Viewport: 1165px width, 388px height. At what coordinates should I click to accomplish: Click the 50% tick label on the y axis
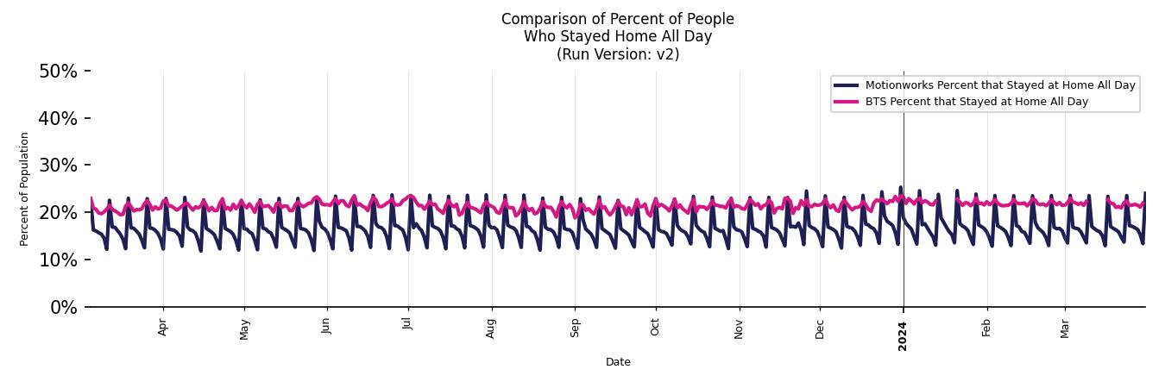58,72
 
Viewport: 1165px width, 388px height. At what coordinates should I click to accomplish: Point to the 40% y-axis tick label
58,118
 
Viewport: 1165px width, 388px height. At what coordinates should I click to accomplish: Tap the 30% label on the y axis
58,166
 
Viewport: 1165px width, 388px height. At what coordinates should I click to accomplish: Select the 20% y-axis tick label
58,213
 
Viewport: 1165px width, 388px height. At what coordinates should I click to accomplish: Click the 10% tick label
58,260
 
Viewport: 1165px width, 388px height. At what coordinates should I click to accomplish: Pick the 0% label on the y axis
63,308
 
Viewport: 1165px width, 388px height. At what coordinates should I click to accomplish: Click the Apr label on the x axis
163,328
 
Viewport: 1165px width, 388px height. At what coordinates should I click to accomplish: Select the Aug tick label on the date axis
491,329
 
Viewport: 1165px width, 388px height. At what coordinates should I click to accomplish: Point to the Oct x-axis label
656,327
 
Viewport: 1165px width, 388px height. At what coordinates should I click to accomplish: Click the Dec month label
820,328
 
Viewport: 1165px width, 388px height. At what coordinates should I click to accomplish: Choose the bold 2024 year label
903,335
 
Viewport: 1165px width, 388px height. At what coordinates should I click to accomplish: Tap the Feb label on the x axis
986,328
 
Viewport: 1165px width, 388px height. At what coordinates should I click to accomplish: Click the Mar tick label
1065,328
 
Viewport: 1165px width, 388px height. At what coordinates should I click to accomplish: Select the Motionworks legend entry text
1000,85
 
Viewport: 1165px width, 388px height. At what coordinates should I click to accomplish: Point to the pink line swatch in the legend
847,102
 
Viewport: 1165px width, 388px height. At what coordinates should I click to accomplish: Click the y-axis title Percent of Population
25,189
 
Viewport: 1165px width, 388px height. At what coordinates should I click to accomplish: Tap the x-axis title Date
618,362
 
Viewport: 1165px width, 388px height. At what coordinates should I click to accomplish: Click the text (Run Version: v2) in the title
618,54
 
